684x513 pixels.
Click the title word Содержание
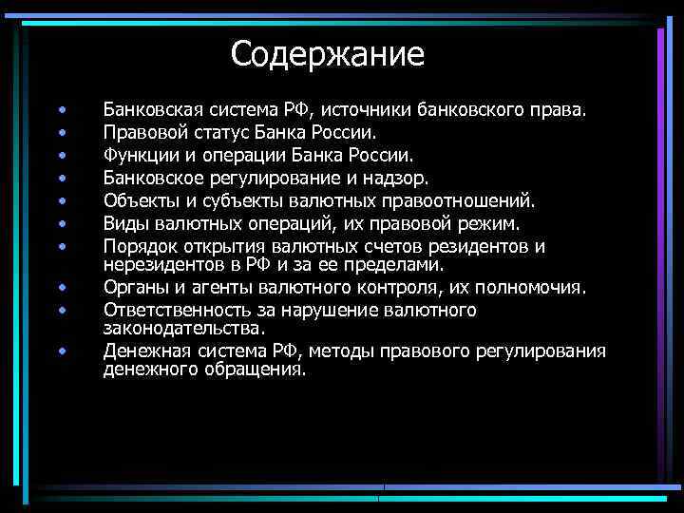pos(328,53)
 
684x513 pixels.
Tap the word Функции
pos(143,154)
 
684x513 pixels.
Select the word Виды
pos(125,224)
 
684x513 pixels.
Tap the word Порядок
pos(142,247)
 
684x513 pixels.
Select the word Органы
pos(136,287)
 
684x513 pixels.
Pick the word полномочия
pos(540,287)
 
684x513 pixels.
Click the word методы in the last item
pos(342,351)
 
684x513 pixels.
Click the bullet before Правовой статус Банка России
pos(61,132)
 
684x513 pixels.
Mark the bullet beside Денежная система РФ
pos(61,351)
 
